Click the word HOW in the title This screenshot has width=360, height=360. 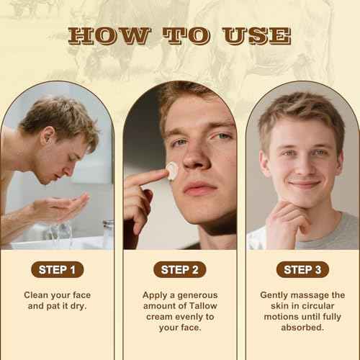109,35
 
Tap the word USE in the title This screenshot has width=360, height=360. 256,35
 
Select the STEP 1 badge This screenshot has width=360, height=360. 58,269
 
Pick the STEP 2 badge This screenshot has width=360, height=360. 180,269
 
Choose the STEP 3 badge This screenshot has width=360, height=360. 302,269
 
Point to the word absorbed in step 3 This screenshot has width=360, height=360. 302,328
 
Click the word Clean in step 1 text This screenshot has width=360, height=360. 36,295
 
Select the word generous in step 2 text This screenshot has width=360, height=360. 197,295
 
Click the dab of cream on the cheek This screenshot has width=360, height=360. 172,171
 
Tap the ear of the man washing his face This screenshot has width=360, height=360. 48,136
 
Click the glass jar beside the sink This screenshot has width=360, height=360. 108,232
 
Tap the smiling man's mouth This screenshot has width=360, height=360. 305,184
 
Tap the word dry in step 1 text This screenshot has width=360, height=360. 78,306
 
